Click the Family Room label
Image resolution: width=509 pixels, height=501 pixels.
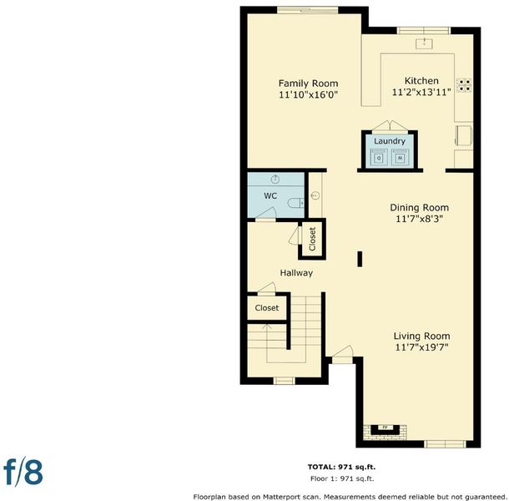[x=308, y=83]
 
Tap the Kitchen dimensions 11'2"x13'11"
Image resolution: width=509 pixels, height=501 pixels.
[x=421, y=93]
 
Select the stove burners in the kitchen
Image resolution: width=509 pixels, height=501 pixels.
[x=464, y=85]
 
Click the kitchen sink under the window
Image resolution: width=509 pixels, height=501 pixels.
[x=424, y=43]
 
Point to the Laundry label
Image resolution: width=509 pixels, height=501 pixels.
[x=390, y=141]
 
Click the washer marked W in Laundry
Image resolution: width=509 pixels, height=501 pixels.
[x=400, y=158]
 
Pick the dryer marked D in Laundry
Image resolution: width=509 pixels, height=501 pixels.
[x=379, y=158]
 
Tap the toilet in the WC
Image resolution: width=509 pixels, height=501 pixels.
[x=295, y=204]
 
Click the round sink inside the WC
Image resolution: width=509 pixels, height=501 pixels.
[x=275, y=179]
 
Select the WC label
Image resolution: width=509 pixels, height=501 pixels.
[x=270, y=195]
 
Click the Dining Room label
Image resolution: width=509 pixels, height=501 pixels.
[x=420, y=208]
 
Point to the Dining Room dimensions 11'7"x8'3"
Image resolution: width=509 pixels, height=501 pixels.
[x=420, y=219]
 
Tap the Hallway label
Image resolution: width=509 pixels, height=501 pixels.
[x=296, y=273]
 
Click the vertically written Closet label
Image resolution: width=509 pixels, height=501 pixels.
[x=312, y=239]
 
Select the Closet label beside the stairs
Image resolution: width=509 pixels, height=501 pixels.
[x=267, y=307]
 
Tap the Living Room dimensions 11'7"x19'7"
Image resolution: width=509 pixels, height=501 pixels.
[x=421, y=347]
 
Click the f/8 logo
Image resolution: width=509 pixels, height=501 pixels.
[x=23, y=472]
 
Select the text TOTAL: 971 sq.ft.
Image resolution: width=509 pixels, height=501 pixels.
[x=341, y=468]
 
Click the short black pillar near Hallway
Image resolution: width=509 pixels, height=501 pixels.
[x=360, y=259]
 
